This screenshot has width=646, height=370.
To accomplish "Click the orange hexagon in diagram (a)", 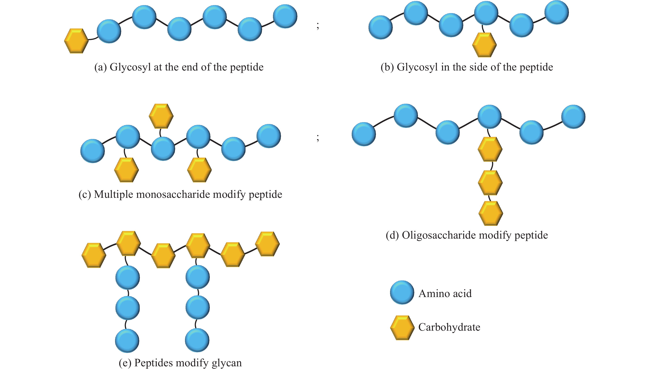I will point(76,41).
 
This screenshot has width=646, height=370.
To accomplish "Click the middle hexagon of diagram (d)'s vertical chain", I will point(490,182).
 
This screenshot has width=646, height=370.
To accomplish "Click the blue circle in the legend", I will point(402,293).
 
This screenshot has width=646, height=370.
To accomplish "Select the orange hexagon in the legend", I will point(402,328).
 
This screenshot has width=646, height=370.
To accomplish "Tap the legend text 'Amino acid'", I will point(445,294).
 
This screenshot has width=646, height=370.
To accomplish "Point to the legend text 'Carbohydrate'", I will point(449,327).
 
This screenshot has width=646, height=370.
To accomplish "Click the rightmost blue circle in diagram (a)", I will point(285,16).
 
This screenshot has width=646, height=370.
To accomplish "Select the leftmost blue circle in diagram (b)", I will point(380,27).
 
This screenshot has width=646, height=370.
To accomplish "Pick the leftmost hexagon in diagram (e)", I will point(94,255).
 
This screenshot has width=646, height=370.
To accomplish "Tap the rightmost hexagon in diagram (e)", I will point(267,244).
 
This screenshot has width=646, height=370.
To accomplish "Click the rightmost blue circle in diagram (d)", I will point(573,117).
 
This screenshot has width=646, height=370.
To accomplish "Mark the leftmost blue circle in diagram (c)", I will point(92,151).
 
